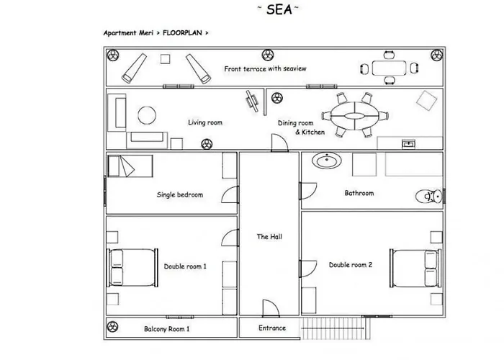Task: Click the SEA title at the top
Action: (x=279, y=9)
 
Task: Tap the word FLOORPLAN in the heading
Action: (x=182, y=33)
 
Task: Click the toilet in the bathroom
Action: (x=429, y=196)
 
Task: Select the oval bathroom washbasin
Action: (x=327, y=161)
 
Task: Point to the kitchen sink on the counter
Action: (x=408, y=144)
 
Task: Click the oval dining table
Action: (x=354, y=116)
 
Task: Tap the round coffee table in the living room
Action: (x=147, y=115)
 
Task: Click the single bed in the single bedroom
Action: (x=130, y=166)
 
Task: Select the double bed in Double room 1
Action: (x=132, y=267)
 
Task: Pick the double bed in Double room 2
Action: (x=415, y=268)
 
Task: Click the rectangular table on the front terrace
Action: (x=389, y=68)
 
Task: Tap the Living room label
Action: (x=205, y=122)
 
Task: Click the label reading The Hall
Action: (x=269, y=237)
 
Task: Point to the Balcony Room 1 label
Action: (x=166, y=329)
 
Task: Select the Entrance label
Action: (x=272, y=328)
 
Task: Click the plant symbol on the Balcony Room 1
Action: (x=112, y=327)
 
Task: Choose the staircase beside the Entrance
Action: (x=335, y=328)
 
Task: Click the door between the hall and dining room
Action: (x=279, y=143)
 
